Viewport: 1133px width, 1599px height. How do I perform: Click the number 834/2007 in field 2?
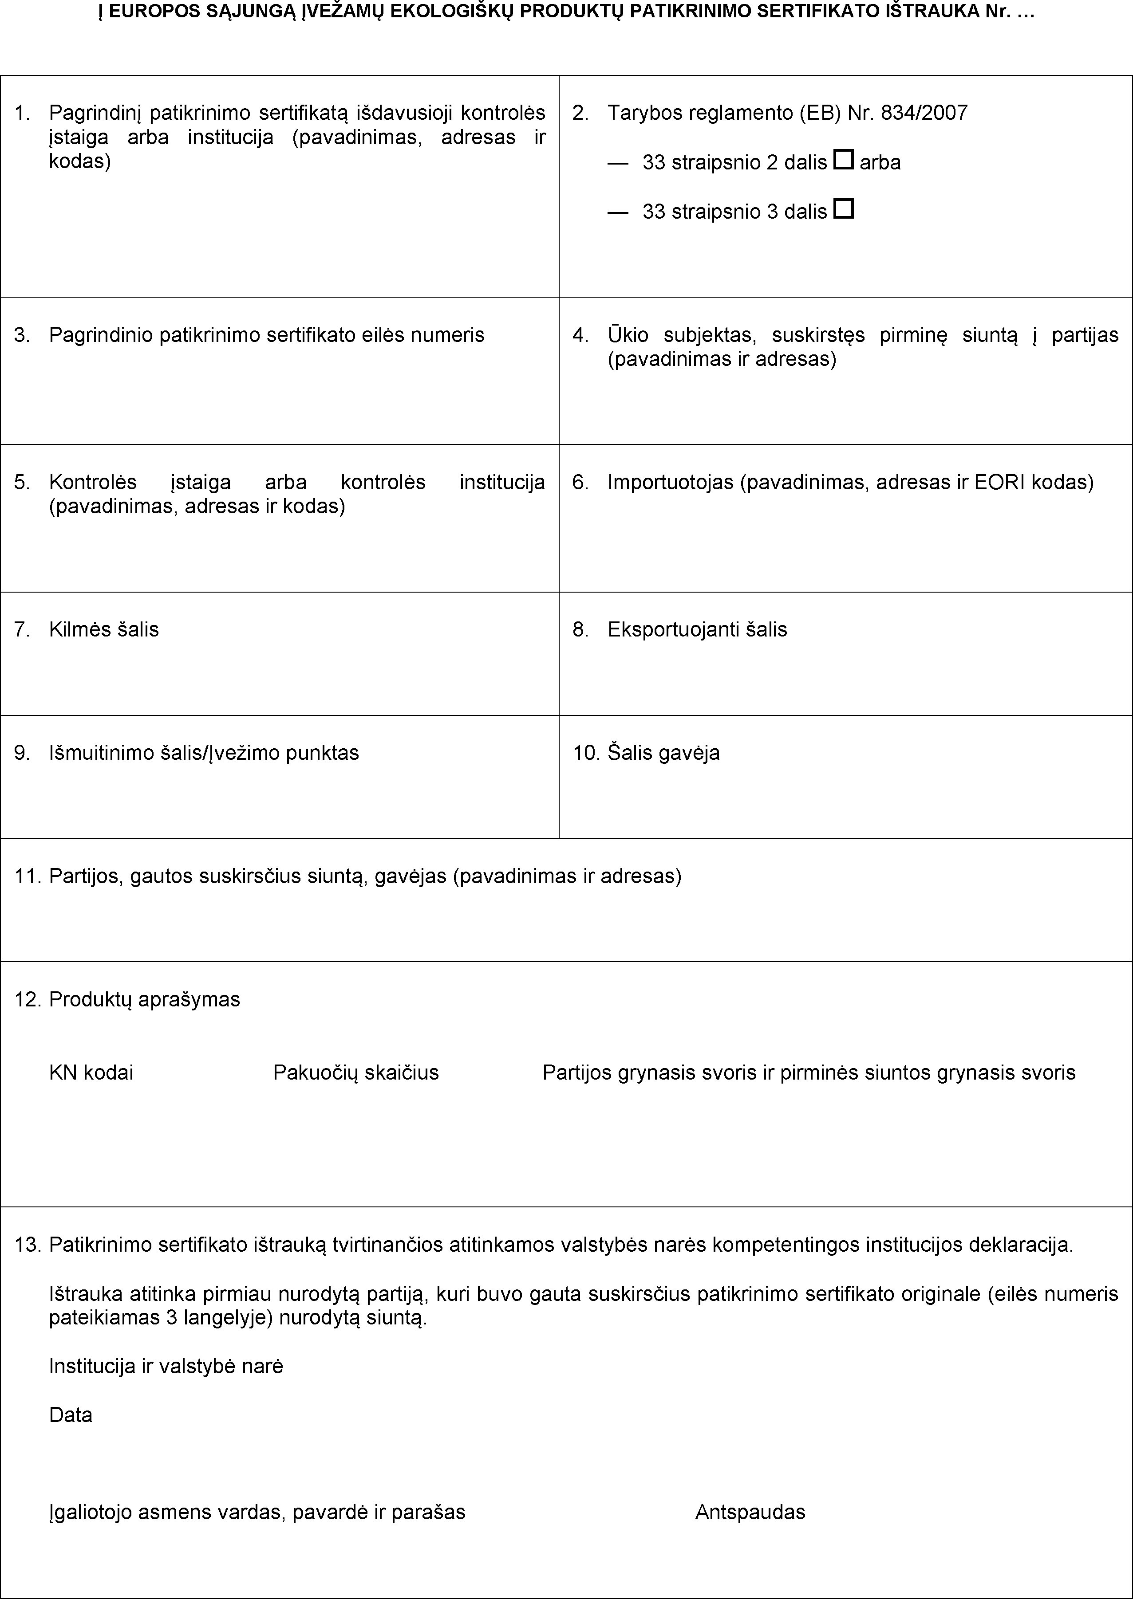[924, 113]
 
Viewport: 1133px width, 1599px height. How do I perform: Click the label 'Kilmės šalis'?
[104, 630]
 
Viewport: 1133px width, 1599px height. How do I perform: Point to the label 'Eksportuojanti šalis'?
[697, 630]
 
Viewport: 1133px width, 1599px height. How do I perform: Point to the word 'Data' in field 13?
[71, 1415]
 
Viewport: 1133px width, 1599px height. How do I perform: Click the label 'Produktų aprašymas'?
[144, 999]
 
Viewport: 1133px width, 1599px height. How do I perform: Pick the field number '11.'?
[28, 876]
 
